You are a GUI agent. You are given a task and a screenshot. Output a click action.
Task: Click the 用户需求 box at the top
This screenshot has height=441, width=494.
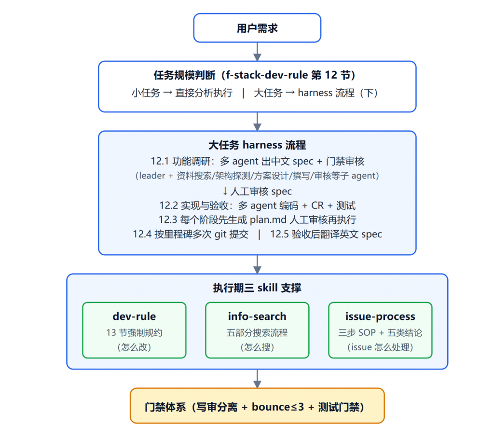pyautogui.click(x=257, y=28)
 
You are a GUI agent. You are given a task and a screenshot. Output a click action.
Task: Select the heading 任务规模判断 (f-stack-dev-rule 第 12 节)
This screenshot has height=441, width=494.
pyautogui.click(x=255, y=75)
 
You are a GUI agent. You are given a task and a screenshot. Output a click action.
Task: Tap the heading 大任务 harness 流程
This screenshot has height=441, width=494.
pyautogui.click(x=257, y=145)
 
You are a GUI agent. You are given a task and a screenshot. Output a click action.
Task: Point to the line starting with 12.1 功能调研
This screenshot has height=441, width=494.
pyautogui.click(x=257, y=161)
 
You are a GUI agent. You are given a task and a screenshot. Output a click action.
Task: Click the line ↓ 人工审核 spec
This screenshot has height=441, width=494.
pyautogui.click(x=257, y=191)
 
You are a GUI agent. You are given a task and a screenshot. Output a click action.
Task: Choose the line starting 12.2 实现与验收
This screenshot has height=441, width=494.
pyautogui.click(x=257, y=206)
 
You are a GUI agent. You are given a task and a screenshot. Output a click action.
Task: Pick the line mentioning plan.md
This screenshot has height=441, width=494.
pyautogui.click(x=257, y=220)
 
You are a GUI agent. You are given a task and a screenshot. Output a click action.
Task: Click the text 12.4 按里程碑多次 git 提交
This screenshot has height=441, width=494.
pyautogui.click(x=191, y=234)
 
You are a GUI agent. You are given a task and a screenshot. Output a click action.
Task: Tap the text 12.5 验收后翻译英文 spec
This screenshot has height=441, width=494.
pyautogui.click(x=326, y=234)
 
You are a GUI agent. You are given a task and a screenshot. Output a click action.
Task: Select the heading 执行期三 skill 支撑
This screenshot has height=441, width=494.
pyautogui.click(x=257, y=288)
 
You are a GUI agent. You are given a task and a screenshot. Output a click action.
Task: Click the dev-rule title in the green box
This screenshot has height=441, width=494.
pyautogui.click(x=134, y=316)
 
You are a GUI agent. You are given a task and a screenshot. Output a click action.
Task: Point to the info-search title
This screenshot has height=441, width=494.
pyautogui.click(x=257, y=316)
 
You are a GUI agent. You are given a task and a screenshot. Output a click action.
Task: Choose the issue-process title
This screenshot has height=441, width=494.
pyautogui.click(x=380, y=317)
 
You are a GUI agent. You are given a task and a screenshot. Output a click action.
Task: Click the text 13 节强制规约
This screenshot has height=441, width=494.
pyautogui.click(x=134, y=332)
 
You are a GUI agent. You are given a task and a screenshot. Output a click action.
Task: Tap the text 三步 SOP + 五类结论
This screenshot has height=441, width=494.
pyautogui.click(x=380, y=332)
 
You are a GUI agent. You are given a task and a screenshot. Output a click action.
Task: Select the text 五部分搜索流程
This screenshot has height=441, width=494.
pyautogui.click(x=257, y=332)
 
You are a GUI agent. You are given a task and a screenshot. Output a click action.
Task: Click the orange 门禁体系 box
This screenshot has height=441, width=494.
pyautogui.click(x=257, y=406)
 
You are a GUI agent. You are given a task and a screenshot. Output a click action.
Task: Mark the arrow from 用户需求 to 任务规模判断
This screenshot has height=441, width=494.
pyautogui.click(x=257, y=52)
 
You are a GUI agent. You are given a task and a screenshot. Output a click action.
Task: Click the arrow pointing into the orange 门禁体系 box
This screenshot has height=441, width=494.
pyautogui.click(x=257, y=379)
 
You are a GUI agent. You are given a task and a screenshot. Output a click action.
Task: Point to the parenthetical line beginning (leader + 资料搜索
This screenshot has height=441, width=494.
pyautogui.click(x=257, y=176)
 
